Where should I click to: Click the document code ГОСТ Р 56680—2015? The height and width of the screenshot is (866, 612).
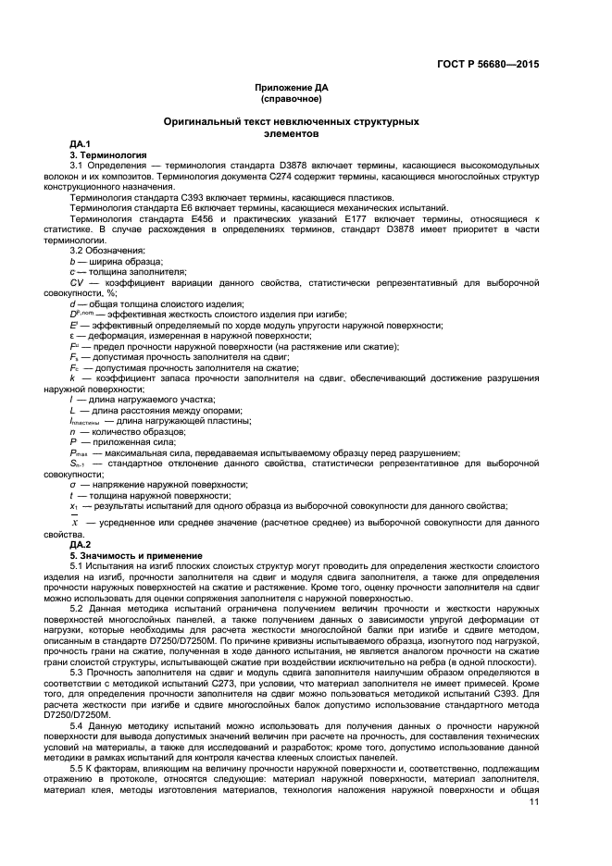click(x=488, y=65)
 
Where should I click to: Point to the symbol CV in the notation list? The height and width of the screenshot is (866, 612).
click(x=77, y=281)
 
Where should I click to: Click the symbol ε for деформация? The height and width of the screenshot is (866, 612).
click(x=73, y=336)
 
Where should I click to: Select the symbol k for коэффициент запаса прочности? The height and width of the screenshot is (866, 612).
click(x=73, y=378)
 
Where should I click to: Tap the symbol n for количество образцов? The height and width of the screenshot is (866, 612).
click(x=73, y=431)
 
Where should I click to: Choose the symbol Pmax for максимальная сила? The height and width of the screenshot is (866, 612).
click(x=79, y=452)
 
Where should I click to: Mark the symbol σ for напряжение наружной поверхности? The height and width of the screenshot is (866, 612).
click(x=73, y=484)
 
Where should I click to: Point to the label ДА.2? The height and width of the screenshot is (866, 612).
click(x=80, y=546)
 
